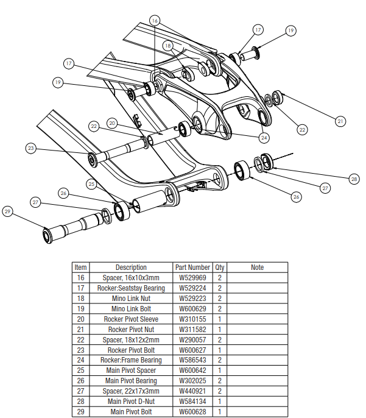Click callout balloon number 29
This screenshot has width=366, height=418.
click(x=8, y=212)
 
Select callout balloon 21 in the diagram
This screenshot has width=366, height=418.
click(x=340, y=121)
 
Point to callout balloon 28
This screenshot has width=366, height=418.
click(x=354, y=179)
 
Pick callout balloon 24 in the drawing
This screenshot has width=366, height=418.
click(x=264, y=136)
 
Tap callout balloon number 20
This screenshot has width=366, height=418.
click(x=111, y=122)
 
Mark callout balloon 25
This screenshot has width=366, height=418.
click(x=92, y=183)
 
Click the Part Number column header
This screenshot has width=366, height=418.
click(x=192, y=267)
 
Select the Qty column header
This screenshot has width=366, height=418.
click(x=220, y=267)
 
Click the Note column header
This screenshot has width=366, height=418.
click(x=257, y=267)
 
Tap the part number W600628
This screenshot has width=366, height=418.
click(x=192, y=412)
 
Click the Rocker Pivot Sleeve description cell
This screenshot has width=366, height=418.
click(x=131, y=319)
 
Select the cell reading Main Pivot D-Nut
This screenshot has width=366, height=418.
click(x=131, y=402)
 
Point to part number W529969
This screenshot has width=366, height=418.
click(x=192, y=278)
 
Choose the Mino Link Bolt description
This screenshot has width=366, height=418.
click(x=131, y=309)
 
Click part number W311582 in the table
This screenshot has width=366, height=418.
click(x=192, y=330)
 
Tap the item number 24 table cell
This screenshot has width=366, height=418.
click(x=81, y=360)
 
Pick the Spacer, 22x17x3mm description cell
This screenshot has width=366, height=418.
click(x=131, y=391)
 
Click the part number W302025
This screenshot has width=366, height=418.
click(x=192, y=381)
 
